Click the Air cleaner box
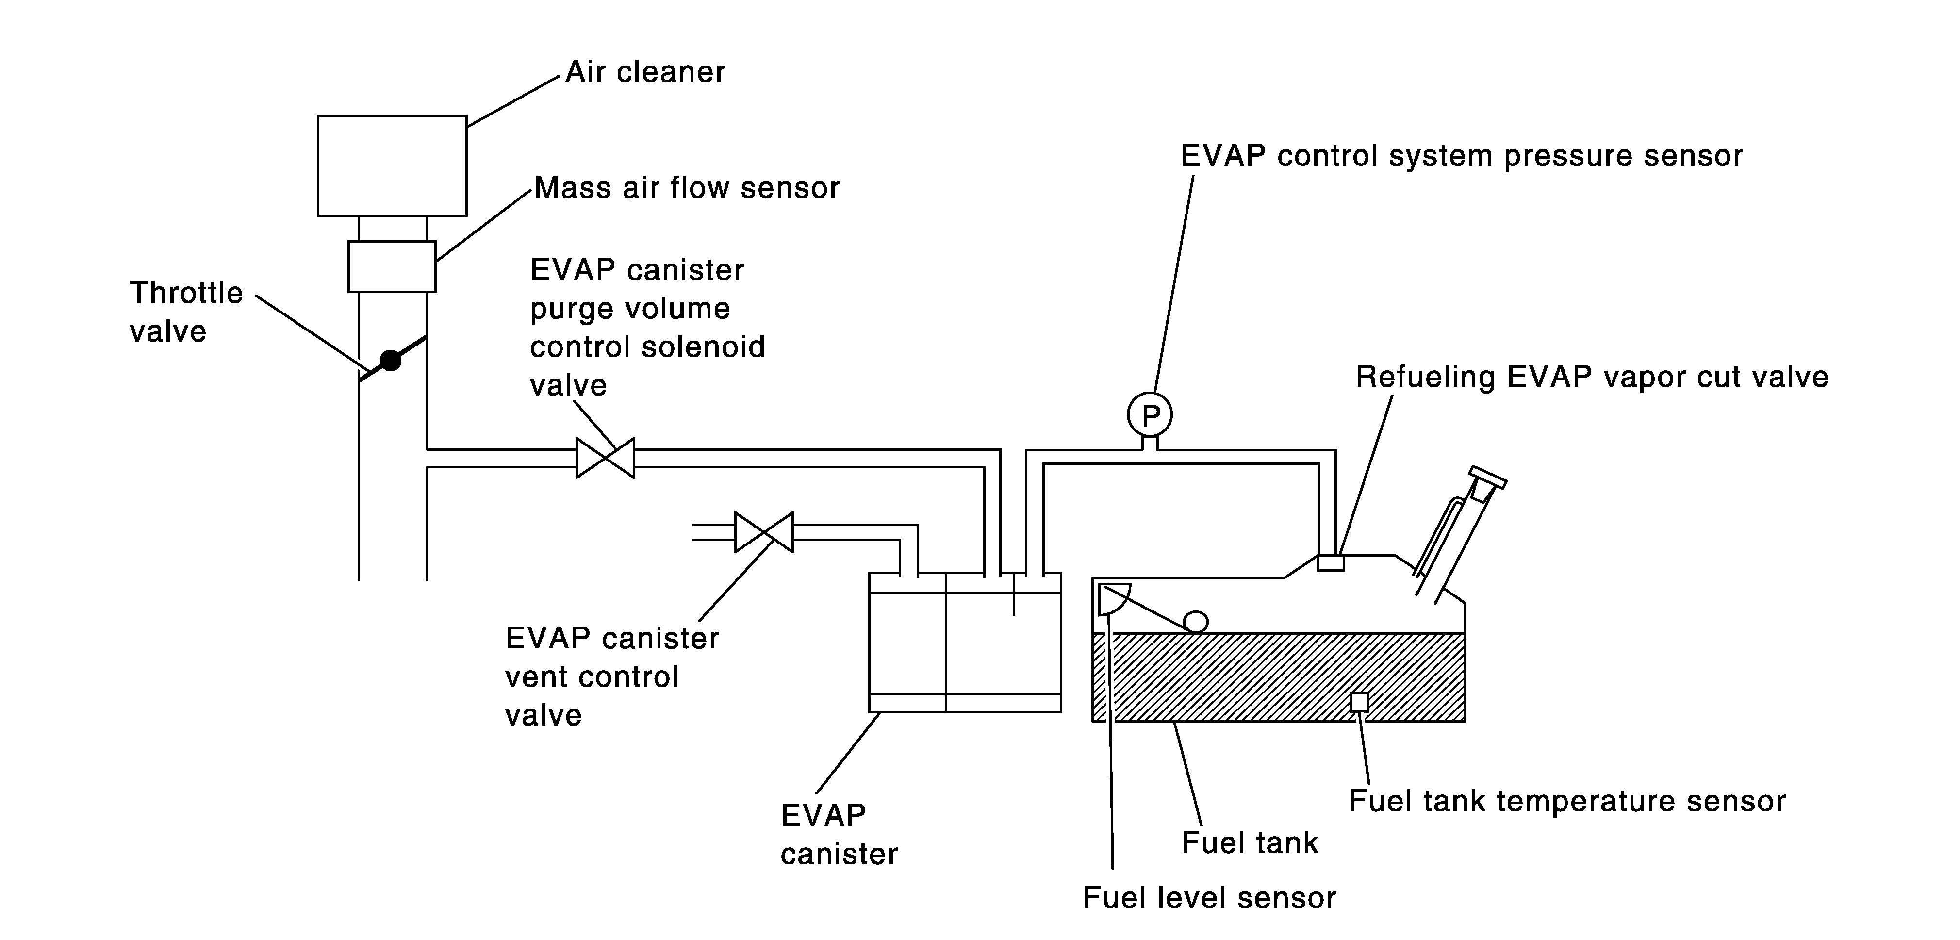point(392,166)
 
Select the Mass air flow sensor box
point(392,266)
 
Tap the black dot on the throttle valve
point(390,361)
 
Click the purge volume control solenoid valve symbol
point(605,458)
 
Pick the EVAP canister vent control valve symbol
point(764,532)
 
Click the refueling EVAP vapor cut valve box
point(1331,562)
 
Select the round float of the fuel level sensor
point(1195,622)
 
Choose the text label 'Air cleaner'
point(645,72)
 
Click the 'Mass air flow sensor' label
point(687,188)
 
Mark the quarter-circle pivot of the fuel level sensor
point(1113,598)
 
